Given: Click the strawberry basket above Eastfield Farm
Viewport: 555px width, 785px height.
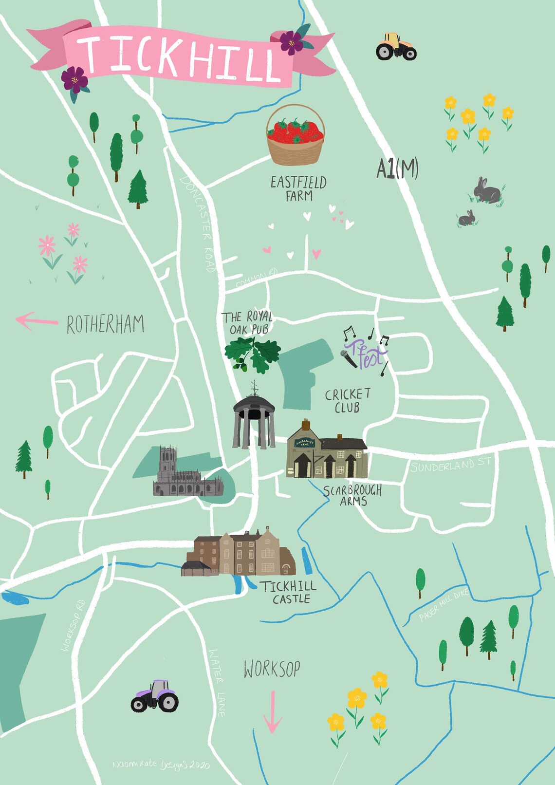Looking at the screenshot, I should (x=295, y=136).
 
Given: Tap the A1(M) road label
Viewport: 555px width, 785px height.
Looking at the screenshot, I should (x=397, y=169).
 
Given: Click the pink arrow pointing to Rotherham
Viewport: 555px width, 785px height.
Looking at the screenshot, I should (x=36, y=321).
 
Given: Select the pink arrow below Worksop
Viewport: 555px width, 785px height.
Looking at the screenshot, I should (x=273, y=712).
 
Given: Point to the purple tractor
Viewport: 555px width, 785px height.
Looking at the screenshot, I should (x=155, y=696).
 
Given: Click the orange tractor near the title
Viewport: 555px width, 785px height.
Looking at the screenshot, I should (x=396, y=46).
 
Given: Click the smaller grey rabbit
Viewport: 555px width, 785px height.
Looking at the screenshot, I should (x=467, y=218).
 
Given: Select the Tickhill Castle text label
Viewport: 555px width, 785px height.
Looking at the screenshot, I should (x=288, y=592).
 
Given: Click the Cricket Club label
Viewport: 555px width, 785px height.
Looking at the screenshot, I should (x=348, y=400).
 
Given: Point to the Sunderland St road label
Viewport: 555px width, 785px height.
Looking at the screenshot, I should (x=450, y=465).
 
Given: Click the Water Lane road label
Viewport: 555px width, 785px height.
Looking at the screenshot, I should (x=217, y=682).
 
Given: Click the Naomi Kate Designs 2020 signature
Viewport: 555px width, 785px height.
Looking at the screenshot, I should (x=161, y=765).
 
